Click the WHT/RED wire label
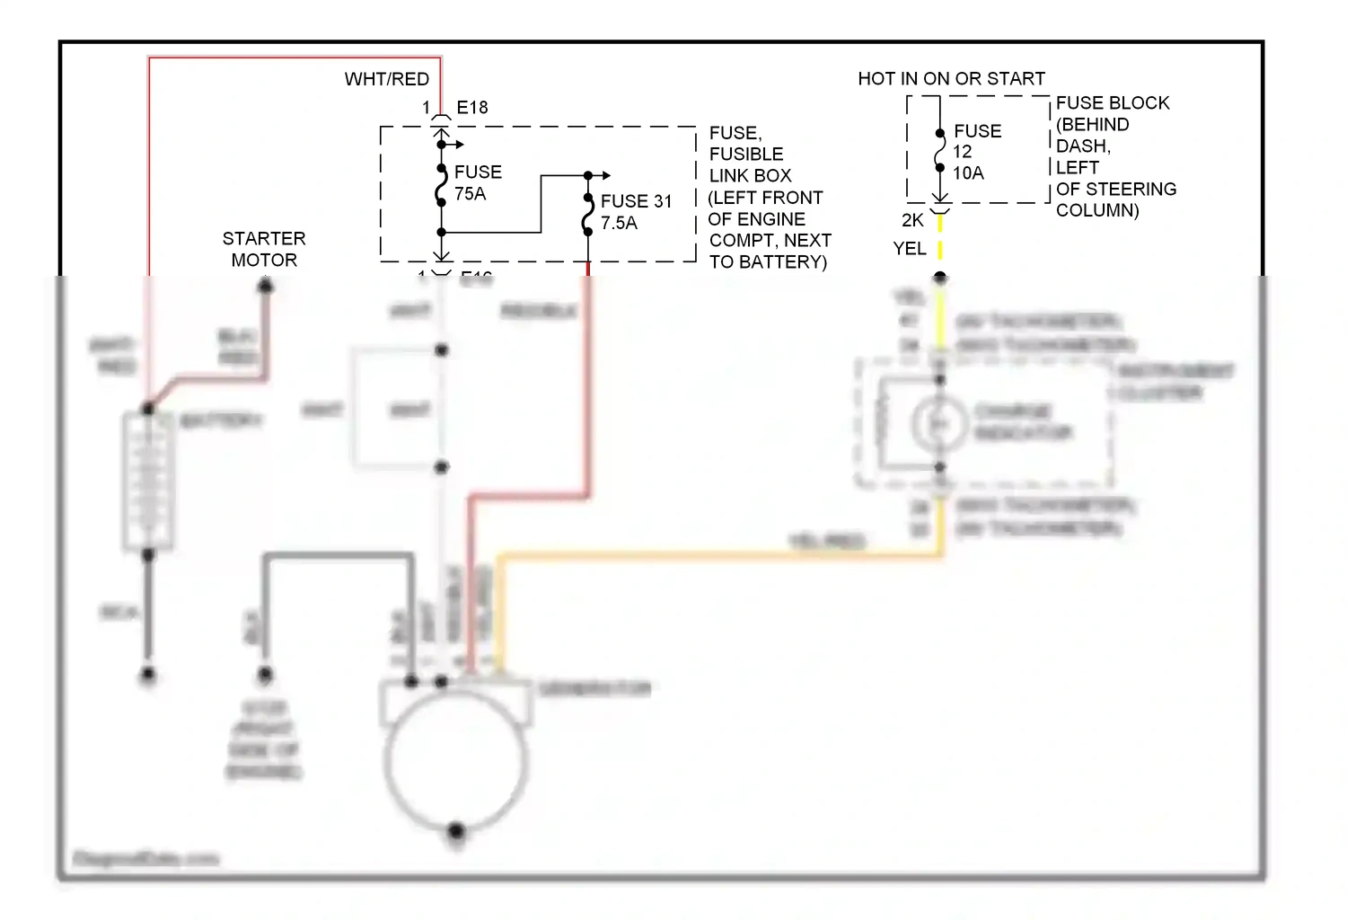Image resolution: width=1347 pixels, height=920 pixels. point(386,79)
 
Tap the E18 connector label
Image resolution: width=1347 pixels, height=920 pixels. point(472,108)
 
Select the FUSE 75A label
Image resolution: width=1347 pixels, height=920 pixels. point(478,182)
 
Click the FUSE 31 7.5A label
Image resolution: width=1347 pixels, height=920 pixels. point(636,212)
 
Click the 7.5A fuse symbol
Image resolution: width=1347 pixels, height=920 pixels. point(588,216)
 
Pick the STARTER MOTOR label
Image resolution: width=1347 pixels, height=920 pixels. point(264,249)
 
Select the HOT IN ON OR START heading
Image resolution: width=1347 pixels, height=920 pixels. point(951,79)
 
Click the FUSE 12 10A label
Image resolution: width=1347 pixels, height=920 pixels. point(976,152)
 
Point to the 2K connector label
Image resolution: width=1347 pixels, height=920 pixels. point(912,221)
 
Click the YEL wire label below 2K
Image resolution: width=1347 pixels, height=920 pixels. point(909,249)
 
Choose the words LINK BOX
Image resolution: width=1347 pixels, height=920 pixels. point(750,176)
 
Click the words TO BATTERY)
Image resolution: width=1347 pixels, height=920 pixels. point(768,262)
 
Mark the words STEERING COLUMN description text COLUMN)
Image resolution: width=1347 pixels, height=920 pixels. point(1097,210)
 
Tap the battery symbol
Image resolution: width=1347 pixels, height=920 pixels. point(148,481)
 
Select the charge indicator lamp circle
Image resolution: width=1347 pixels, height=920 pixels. point(938,423)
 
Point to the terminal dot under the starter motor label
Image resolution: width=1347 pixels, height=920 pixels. point(266,287)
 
